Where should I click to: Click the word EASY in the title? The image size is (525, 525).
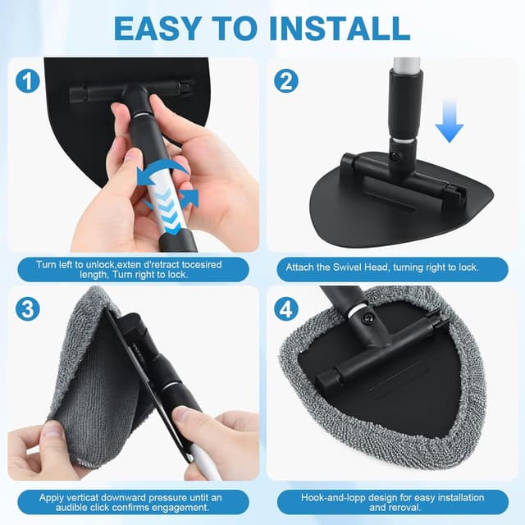tap(157, 29)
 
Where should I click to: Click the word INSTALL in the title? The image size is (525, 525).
tap(340, 29)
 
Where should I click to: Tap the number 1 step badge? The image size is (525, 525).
tap(27, 81)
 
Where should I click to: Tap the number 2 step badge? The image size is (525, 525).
tap(286, 81)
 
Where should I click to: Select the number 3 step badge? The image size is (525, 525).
tap(27, 308)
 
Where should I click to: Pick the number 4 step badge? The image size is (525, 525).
tap(286, 308)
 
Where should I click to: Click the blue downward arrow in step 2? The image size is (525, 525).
tap(450, 121)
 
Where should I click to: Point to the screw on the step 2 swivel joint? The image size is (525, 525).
tap(396, 156)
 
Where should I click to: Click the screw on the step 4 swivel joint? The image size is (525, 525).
tap(369, 317)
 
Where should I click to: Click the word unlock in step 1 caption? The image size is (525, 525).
tap(100, 265)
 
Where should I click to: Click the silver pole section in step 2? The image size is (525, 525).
tap(407, 65)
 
